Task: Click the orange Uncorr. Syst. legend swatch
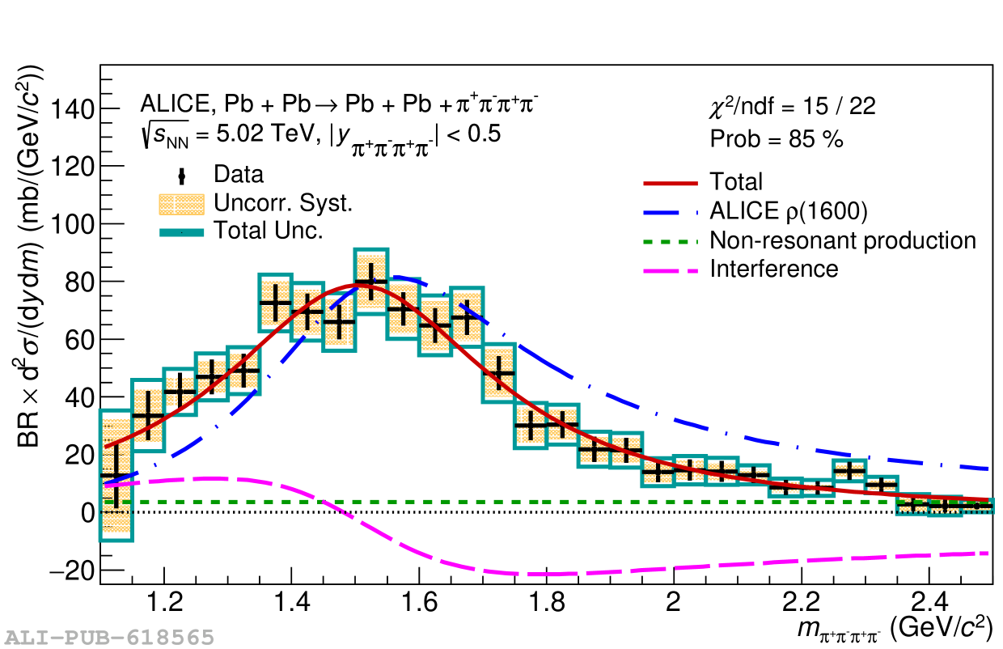[x=180, y=203]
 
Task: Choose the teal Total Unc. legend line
[x=180, y=231]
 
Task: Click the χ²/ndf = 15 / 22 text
[x=791, y=106]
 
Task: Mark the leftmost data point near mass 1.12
[x=116, y=475]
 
